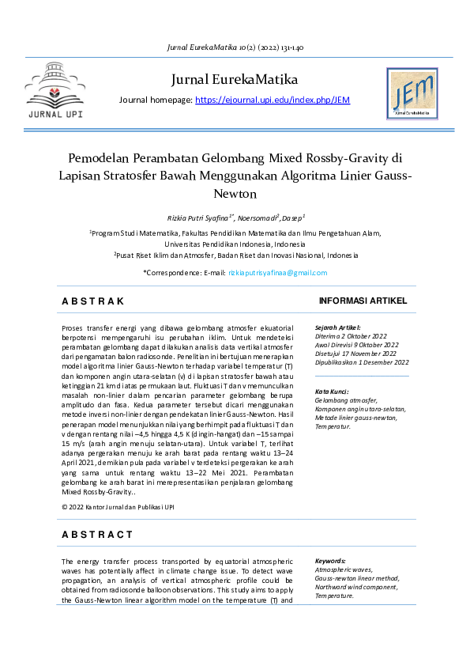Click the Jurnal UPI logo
pyautogui.click(x=54, y=93)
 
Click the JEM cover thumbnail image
pyautogui.click(x=412, y=94)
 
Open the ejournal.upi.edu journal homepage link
pyautogui.click(x=272, y=100)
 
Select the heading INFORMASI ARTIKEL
pyautogui.click(x=362, y=301)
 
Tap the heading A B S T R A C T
pyautogui.click(x=97, y=535)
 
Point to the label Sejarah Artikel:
pyautogui.click(x=337, y=327)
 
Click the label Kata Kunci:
pyautogui.click(x=332, y=392)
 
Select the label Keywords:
pyautogui.click(x=330, y=560)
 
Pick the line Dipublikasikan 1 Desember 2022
pyautogui.click(x=362, y=362)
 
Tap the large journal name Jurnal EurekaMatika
pyautogui.click(x=234, y=80)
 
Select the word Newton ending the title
pyautogui.click(x=235, y=192)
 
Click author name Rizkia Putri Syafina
pyautogui.click(x=199, y=217)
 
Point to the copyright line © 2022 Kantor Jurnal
pyautogui.click(x=118, y=505)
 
